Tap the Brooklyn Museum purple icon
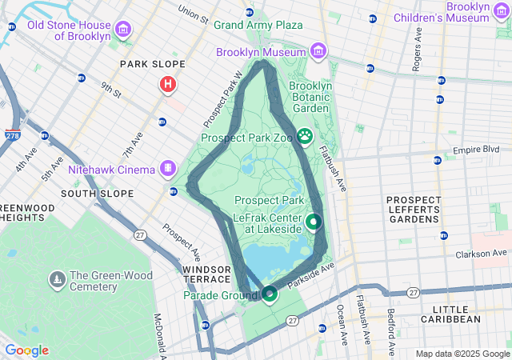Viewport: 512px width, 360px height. [x=318, y=52]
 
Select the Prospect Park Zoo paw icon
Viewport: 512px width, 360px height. [x=305, y=137]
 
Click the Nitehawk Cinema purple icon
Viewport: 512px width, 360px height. [x=167, y=169]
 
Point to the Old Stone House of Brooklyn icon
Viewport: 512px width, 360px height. [x=122, y=30]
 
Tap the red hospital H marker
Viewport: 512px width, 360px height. [x=168, y=84]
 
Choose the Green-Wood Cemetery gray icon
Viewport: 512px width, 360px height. [x=57, y=280]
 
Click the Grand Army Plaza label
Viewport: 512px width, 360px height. [x=258, y=25]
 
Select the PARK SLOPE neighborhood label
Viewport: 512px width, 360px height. [x=152, y=64]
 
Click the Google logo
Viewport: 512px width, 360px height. [x=26, y=350]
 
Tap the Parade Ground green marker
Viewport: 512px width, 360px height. [x=270, y=295]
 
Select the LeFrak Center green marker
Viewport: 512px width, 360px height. [x=314, y=222]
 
